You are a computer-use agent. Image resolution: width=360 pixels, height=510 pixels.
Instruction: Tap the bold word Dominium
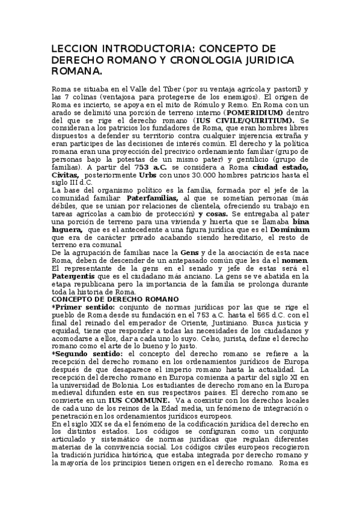click(x=290, y=229)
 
